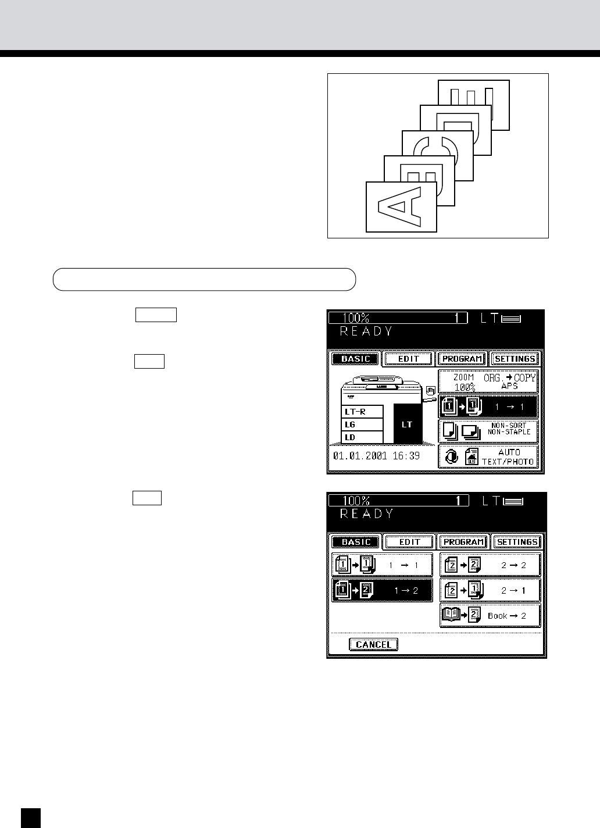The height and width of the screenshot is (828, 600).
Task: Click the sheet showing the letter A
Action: (401, 206)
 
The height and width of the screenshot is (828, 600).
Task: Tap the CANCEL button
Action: (373, 644)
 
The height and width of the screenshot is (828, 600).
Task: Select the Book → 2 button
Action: (490, 615)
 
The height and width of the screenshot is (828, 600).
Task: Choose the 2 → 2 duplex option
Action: (490, 565)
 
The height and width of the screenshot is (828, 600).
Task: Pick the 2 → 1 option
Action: (490, 590)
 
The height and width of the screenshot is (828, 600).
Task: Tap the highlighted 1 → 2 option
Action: (382, 590)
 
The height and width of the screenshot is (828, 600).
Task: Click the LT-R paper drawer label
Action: (362, 412)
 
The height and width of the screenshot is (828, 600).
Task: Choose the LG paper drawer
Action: (362, 424)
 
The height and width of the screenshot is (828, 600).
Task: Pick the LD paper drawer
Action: (362, 437)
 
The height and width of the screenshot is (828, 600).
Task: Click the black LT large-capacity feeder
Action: (408, 424)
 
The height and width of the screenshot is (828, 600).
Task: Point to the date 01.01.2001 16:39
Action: (376, 456)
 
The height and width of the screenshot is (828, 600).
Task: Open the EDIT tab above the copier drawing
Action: (409, 359)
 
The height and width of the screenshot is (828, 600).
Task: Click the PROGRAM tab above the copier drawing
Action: (462, 359)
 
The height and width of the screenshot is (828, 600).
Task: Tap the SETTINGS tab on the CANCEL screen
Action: (517, 542)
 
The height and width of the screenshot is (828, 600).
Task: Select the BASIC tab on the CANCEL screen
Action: (356, 542)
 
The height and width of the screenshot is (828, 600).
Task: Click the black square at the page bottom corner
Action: (31, 818)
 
